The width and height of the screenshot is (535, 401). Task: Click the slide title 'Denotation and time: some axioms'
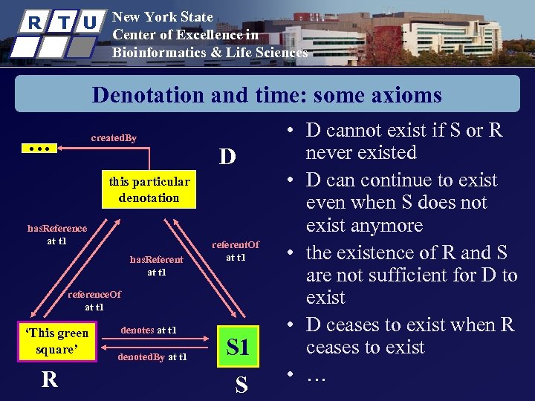[x=267, y=95]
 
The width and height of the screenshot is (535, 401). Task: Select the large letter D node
[x=227, y=157]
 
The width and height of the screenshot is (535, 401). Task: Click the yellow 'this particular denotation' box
[x=149, y=189]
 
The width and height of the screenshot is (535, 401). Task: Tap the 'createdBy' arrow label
[x=114, y=138]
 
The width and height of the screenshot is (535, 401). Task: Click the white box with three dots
[x=37, y=149]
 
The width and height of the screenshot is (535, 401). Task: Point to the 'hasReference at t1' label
[x=56, y=235]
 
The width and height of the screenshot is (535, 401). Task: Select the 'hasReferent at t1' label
[x=156, y=266]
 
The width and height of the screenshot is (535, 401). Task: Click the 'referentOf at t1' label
[x=236, y=251]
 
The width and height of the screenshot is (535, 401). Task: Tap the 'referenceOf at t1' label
[x=94, y=301]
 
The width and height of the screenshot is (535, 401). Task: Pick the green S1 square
[x=238, y=346]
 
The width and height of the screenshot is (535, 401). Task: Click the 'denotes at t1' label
[x=149, y=330]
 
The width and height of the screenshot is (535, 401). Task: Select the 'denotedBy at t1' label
[x=152, y=357]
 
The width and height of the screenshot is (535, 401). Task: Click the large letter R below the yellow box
[x=49, y=379]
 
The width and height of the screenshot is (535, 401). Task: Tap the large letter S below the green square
[x=241, y=385]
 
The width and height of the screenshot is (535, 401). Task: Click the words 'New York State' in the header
[x=162, y=17]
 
